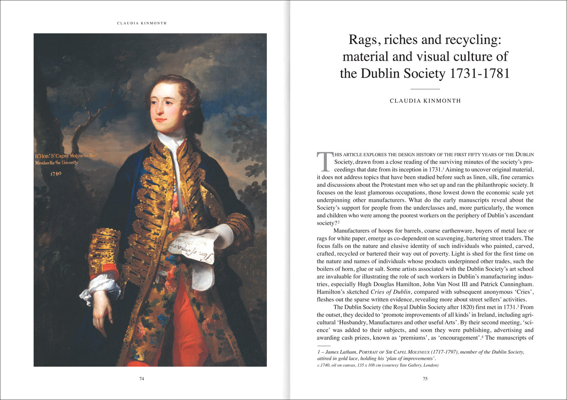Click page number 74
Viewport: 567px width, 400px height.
tap(142, 379)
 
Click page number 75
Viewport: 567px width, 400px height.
tap(425, 379)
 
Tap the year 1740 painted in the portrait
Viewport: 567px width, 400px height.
tap(56, 173)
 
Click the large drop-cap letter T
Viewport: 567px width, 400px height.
tap(324, 162)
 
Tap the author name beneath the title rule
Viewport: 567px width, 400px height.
tap(425, 101)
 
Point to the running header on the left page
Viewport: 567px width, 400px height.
tap(142, 23)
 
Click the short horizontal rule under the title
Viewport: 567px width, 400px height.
tap(425, 89)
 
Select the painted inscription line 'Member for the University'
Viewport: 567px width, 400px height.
tap(57, 163)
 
